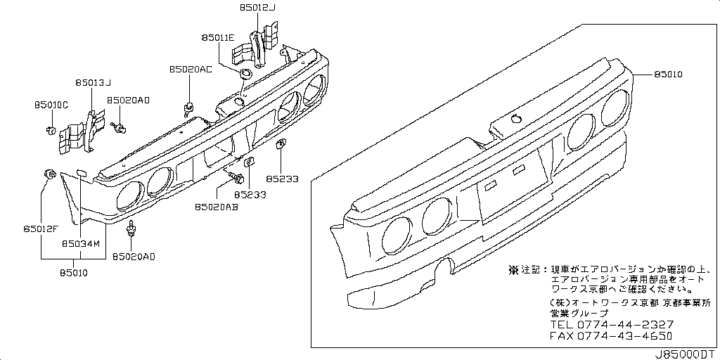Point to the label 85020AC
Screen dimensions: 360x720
[190, 70]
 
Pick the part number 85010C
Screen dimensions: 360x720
[51, 105]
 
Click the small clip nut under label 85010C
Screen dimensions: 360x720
[51, 129]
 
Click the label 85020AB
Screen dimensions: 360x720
[215, 207]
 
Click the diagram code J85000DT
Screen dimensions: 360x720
[687, 354]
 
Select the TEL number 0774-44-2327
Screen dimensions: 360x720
[625, 324]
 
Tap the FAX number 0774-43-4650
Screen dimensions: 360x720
[625, 335]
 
